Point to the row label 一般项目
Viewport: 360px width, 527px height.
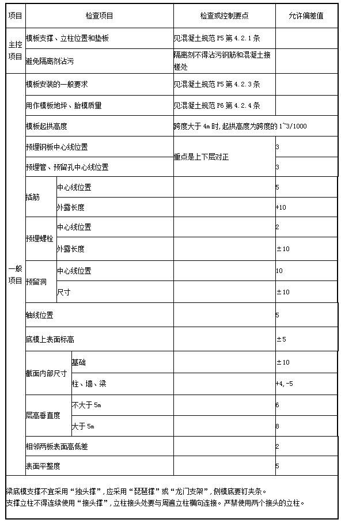coord(15,275)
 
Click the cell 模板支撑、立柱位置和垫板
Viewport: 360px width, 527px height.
coord(67,39)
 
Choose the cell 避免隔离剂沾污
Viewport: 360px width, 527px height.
coord(50,60)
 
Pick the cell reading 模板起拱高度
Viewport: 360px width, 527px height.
coord(47,126)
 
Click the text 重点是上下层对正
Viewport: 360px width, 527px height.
coord(201,157)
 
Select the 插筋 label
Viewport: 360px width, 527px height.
coord(33,197)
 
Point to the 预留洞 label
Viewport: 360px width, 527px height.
coord(36,282)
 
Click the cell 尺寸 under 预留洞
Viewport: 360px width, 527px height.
coord(63,292)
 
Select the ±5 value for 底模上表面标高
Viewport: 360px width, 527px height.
coord(281,339)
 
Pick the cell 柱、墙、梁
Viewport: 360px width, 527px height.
coord(89,384)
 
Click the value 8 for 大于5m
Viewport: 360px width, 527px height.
coord(278,426)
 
